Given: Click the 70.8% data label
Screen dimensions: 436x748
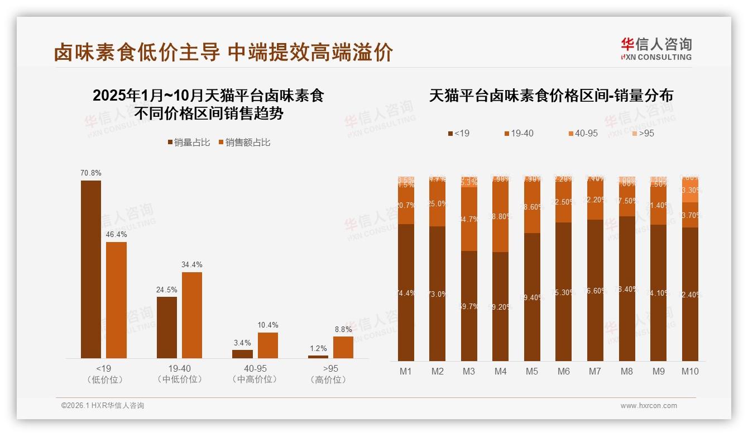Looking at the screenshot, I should (x=91, y=173).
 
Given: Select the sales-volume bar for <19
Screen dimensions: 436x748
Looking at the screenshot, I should (x=91, y=269).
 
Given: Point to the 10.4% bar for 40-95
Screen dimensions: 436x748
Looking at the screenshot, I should (x=268, y=345).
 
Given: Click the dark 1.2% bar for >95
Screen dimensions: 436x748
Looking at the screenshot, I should (x=318, y=357).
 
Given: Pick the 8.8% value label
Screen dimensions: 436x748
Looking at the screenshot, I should (x=343, y=330).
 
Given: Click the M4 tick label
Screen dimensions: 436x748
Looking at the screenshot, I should (x=501, y=371).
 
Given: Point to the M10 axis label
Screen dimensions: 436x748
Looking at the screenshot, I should (x=690, y=371).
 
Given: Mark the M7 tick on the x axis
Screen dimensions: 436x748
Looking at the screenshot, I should (x=595, y=371).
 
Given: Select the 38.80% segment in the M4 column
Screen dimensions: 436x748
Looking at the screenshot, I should (x=501, y=216).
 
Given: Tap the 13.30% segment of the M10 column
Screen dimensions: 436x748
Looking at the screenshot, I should (x=690, y=190).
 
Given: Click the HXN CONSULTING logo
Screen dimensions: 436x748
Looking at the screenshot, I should (x=656, y=49).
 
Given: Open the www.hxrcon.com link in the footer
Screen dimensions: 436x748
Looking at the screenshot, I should (x=649, y=406).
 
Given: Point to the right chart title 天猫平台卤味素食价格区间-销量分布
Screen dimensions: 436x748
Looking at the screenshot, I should (x=551, y=96).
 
